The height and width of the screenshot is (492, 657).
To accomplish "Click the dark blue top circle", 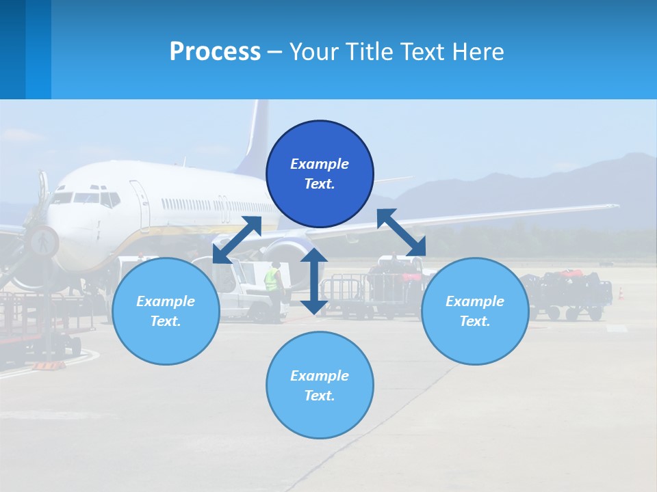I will pyautogui.click(x=320, y=174).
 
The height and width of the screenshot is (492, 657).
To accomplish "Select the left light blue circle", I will pyautogui.click(x=166, y=311).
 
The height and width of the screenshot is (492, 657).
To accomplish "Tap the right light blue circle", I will pyautogui.click(x=475, y=311).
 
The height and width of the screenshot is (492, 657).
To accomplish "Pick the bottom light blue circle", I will pyautogui.click(x=320, y=385).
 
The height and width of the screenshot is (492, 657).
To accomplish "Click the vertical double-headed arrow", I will pyautogui.click(x=313, y=281).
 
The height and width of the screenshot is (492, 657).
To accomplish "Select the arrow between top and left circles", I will pyautogui.click(x=237, y=240).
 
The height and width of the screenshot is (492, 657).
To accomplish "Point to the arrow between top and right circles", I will pyautogui.click(x=402, y=233).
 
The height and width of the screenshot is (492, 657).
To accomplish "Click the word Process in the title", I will pyautogui.click(x=215, y=51).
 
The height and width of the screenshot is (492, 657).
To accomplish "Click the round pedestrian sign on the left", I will pyautogui.click(x=42, y=241).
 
